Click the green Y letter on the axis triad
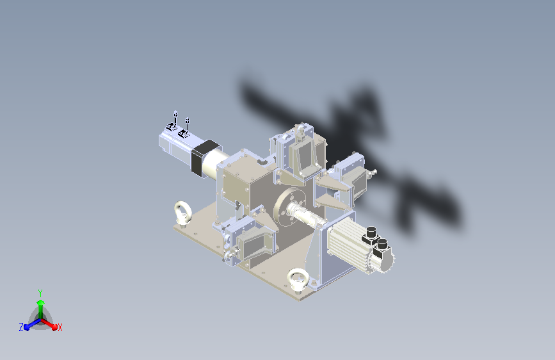[x=40, y=292]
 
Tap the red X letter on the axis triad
[x=60, y=327]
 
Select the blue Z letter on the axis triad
[x=21, y=327]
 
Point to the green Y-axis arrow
[x=40, y=305]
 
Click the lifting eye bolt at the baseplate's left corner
[x=182, y=212]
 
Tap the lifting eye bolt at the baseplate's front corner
[x=297, y=281]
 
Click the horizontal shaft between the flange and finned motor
[x=306, y=213]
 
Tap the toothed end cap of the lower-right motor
[x=386, y=259]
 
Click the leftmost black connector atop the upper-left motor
[x=171, y=127]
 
